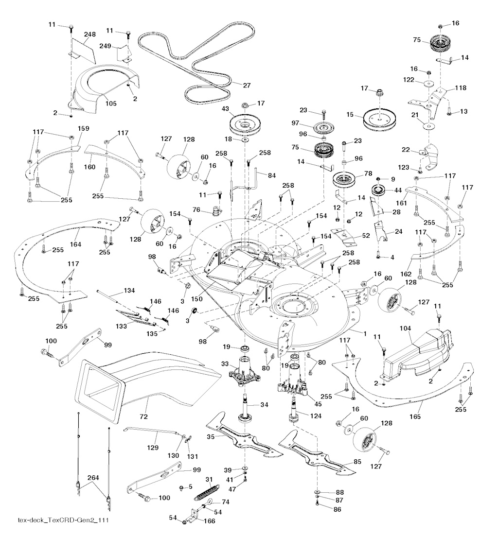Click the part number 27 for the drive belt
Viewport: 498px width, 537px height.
pos(247,86)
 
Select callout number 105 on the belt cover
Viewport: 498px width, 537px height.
pos(111,104)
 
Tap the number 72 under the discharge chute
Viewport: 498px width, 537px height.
pos(143,416)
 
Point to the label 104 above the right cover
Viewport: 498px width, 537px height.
pos(406,329)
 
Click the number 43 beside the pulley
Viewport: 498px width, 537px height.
pos(226,108)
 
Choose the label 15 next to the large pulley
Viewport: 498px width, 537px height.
pos(350,115)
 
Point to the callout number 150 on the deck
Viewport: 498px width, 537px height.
pos(196,299)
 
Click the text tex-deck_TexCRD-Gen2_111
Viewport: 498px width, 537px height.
pos(63,520)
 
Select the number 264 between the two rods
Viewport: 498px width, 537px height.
pos(93,477)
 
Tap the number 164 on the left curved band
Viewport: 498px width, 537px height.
pos(75,244)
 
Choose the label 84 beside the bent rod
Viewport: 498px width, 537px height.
pos(272,176)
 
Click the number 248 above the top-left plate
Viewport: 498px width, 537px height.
pos(89,34)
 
